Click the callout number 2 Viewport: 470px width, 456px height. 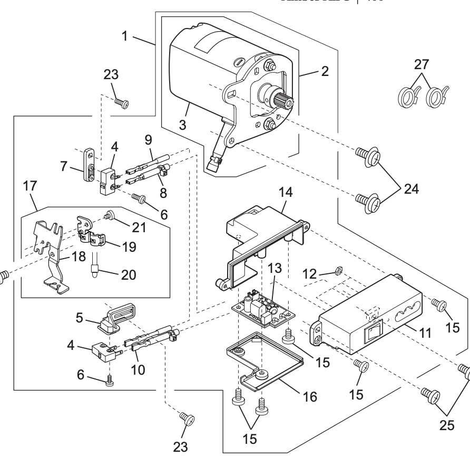(x=325, y=72)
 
